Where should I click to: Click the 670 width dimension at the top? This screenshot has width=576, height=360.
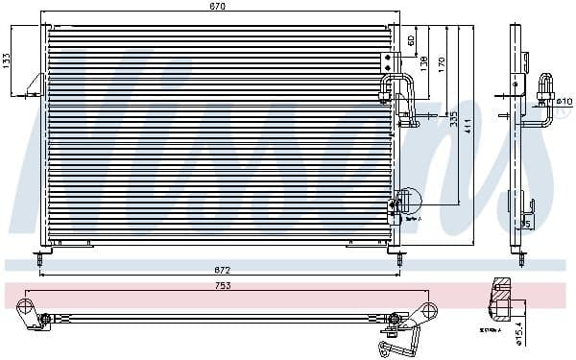(218, 7)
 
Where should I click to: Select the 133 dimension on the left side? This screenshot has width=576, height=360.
(8, 60)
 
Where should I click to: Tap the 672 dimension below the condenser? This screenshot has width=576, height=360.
(222, 271)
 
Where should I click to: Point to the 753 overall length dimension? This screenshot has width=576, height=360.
(222, 285)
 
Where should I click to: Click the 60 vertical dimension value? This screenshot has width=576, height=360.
(412, 40)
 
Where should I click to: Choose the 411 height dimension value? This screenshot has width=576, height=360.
(468, 125)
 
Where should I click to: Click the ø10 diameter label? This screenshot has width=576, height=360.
(564, 100)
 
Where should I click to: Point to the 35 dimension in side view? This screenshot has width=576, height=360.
(525, 225)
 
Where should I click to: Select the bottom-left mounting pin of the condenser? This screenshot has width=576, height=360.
(41, 256)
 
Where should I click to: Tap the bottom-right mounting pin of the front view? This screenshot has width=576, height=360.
(391, 256)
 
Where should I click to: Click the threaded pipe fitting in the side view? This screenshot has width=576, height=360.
(548, 86)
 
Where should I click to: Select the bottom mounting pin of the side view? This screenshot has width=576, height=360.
(518, 256)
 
